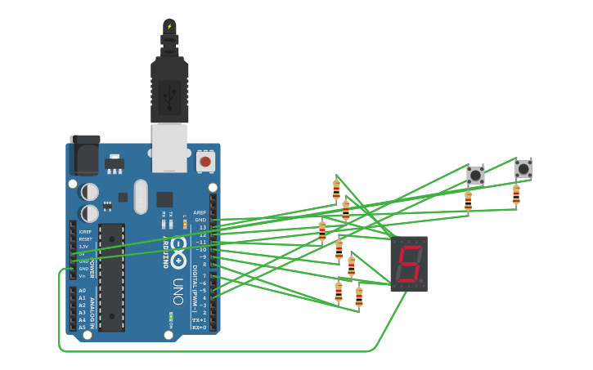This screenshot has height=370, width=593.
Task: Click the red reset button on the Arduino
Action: tap(205, 162)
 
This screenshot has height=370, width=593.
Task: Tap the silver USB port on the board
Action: tap(169, 147)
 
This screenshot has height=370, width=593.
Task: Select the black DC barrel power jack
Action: tap(84, 154)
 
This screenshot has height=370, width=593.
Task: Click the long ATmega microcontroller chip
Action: tap(112, 277)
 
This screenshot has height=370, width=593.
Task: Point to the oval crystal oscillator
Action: tap(141, 196)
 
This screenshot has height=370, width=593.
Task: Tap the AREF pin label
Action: tap(200, 212)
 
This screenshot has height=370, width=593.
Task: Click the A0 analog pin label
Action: tap(82, 291)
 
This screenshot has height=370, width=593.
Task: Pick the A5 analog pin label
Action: tap(82, 328)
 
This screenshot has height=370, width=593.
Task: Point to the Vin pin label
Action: tap(82, 276)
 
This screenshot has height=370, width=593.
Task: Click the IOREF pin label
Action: tap(85, 231)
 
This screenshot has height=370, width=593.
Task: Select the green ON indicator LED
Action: tap(171, 316)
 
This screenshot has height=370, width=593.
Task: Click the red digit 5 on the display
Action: tap(408, 264)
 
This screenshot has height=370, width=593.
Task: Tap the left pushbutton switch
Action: tap(475, 175)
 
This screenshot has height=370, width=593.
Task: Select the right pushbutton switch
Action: tap(523, 169)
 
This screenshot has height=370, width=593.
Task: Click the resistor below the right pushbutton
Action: tap(516, 194)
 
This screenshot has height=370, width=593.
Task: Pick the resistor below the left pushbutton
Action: tap(468, 199)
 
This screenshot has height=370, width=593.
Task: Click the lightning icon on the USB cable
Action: tap(169, 27)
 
